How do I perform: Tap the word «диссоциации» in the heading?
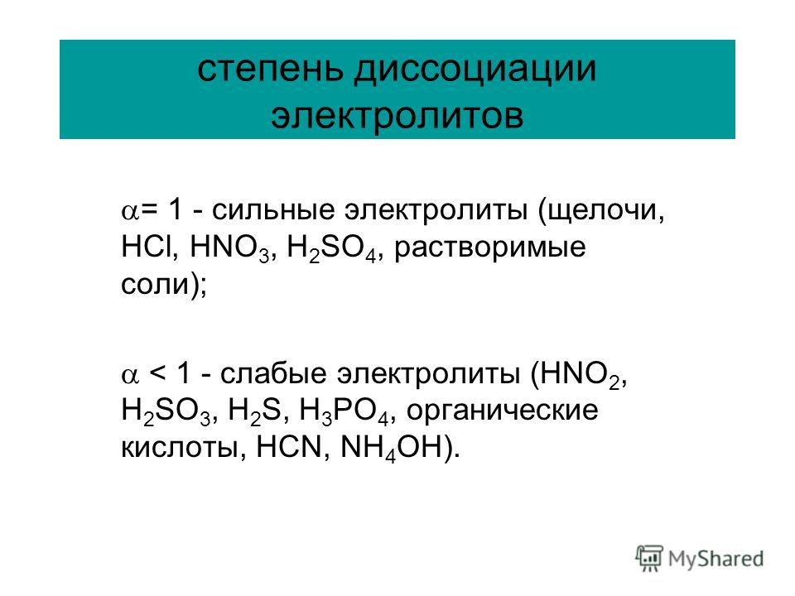coord(475,70)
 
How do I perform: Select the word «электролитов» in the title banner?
coord(397,116)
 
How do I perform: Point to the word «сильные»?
coord(273,209)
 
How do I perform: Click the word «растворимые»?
coord(489,248)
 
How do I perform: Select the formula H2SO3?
coord(166,411)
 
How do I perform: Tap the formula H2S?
coord(254,411)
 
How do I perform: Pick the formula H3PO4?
coord(344,411)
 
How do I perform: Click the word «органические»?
coord(502,411)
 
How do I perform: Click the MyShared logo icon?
coord(649,558)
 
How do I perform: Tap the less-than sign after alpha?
coord(157,374)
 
